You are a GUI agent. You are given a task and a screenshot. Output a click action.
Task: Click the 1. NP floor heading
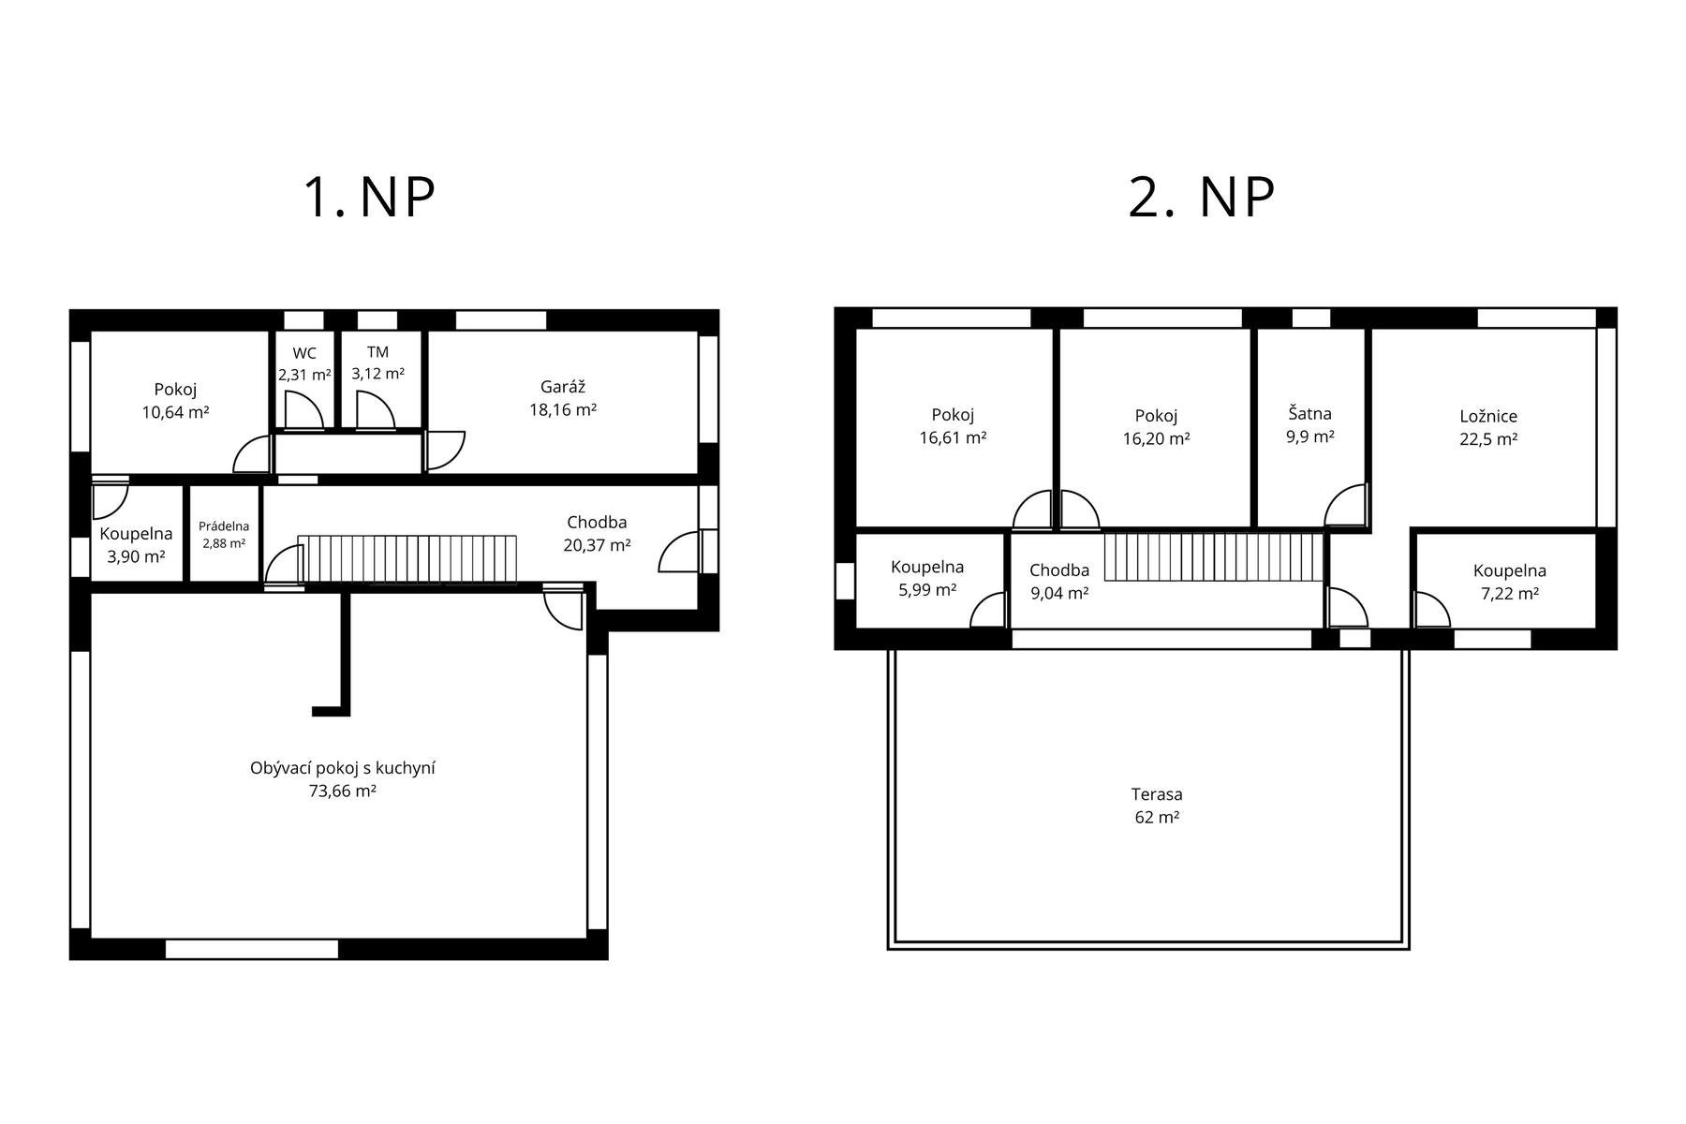369,197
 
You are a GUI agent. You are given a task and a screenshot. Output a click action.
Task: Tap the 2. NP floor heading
1202,197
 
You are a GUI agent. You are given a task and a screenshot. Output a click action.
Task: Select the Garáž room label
563,387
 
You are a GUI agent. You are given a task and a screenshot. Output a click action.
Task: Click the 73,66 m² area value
343,791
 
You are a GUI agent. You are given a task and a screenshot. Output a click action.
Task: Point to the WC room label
304,353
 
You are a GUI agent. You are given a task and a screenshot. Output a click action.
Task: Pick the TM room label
377,352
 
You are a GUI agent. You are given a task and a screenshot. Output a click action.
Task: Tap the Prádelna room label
224,526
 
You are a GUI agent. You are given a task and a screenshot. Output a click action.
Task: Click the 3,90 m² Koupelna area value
136,556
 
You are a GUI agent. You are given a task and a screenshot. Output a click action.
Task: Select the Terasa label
1157,794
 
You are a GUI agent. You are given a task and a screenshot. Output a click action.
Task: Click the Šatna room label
1309,413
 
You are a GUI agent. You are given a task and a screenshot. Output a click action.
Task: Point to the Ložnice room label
1488,417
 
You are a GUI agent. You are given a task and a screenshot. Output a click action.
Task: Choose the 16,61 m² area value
953,437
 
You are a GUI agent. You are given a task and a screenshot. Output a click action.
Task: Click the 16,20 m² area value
1156,438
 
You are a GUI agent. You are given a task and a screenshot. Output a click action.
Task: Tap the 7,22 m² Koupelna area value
1509,594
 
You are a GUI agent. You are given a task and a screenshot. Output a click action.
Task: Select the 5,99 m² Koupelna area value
927,590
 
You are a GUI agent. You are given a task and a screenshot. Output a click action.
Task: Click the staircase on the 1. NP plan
407,559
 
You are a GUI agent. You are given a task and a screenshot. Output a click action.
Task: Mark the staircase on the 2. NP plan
1214,556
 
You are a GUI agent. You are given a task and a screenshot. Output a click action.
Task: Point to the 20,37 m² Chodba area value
597,545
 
